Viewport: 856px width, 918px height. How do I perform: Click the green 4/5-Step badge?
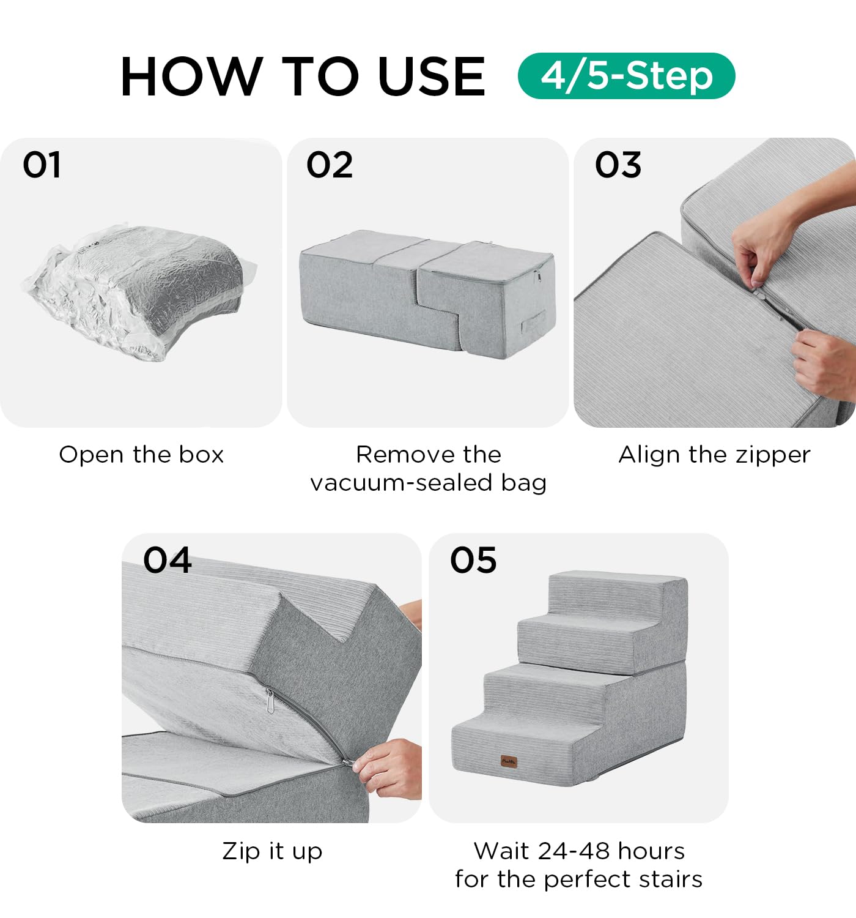(x=626, y=76)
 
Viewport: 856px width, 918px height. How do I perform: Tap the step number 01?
(x=42, y=165)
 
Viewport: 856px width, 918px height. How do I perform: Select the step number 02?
(x=330, y=165)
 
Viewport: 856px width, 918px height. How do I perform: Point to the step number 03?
(x=618, y=165)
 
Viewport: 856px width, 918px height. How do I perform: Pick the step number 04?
(x=168, y=560)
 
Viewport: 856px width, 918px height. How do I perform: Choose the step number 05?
(x=473, y=560)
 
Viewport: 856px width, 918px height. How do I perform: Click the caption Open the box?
(x=141, y=454)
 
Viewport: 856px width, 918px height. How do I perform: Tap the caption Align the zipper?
(x=714, y=455)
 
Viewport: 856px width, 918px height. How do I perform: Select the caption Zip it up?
(x=272, y=851)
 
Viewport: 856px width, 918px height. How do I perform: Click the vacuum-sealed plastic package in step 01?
(x=139, y=291)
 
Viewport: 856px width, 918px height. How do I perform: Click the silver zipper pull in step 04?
(x=270, y=701)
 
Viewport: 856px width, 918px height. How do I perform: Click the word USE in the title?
(x=432, y=76)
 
